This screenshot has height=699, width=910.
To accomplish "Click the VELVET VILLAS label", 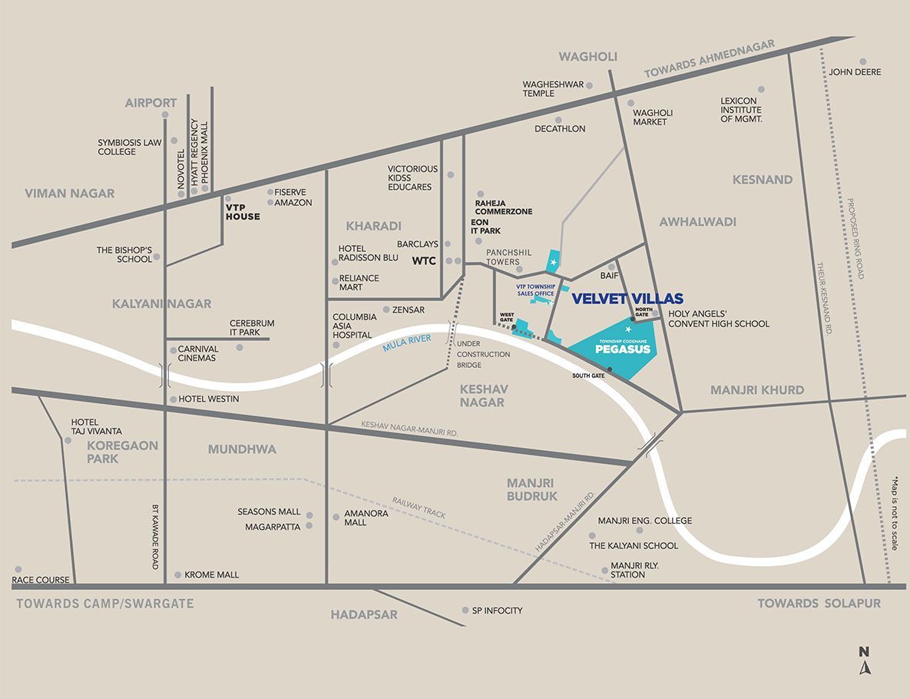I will point(627,299).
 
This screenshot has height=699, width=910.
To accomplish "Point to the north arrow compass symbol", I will point(865,661).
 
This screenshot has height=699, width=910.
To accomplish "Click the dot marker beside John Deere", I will point(863,61).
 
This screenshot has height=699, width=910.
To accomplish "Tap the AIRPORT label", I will point(151,102).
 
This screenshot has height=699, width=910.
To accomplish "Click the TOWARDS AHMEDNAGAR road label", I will point(709,59).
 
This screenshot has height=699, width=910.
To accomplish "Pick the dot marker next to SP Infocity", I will point(465,610).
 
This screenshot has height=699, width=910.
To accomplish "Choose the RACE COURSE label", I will point(41,579).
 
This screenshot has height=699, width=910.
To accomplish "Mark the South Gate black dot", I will point(611,369).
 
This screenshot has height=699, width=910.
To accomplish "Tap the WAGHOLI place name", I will point(588,57).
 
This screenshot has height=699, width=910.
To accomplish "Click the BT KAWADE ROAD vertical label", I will point(154,537).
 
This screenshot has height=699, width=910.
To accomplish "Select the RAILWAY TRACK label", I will point(419,507).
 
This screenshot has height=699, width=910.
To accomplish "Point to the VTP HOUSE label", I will point(242,211).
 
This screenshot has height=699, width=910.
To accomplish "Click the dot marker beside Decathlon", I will point(558,120).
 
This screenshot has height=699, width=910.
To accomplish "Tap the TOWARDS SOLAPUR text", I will point(819,603).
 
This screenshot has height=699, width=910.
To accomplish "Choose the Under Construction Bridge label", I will point(483,354).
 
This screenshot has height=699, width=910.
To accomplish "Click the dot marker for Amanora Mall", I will point(336,517).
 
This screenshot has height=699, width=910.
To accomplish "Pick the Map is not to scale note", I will point(894,513).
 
